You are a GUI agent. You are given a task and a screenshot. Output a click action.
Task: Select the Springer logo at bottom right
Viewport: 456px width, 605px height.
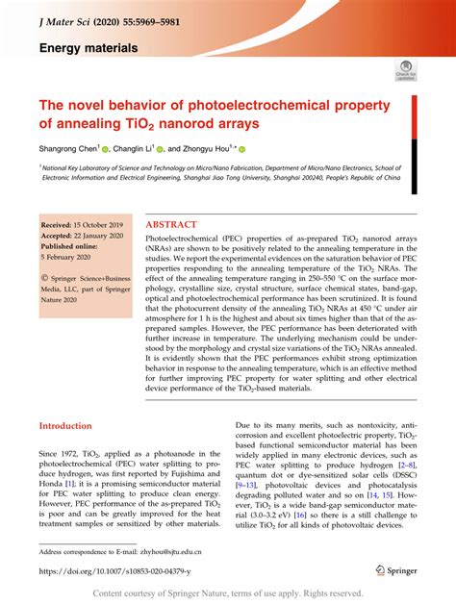pyautogui.click(x=395, y=571)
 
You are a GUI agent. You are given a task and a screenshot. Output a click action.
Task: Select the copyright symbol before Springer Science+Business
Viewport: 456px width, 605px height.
pyautogui.click(x=43, y=278)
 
